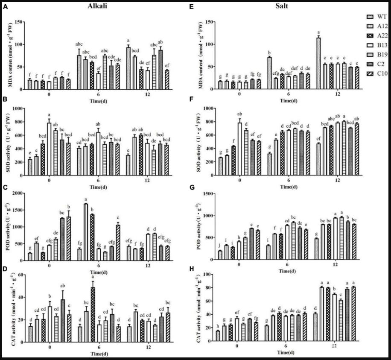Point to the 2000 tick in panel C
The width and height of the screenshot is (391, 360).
click(18, 193)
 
